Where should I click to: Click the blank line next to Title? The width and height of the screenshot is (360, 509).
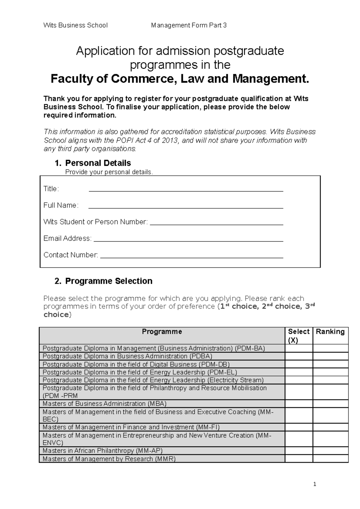186,190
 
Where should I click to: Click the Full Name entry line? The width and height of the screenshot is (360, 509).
186,206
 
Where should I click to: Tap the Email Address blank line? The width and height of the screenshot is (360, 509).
188,240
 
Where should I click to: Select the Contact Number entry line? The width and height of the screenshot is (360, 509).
191,256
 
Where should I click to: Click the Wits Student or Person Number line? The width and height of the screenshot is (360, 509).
216,223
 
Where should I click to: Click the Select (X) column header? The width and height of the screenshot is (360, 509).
298,336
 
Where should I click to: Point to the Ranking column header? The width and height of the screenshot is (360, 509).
330,332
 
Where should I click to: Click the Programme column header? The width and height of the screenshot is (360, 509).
162,332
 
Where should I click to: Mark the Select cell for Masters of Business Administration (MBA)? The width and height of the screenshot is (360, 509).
298,404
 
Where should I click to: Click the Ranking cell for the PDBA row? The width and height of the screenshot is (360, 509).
330,356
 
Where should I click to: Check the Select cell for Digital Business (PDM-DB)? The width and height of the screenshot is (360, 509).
298,365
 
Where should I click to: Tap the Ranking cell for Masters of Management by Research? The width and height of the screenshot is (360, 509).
330,459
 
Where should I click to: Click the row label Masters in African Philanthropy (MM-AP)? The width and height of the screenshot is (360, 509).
103,451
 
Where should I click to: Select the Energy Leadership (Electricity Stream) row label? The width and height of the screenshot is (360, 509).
153,380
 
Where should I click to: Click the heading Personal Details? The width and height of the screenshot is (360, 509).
98,163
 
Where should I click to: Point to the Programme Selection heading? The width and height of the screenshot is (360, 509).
109,281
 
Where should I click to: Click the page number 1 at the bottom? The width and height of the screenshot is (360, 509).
314,484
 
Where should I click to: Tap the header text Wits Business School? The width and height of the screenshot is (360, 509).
75,25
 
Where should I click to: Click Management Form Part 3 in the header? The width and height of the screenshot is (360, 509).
189,25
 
